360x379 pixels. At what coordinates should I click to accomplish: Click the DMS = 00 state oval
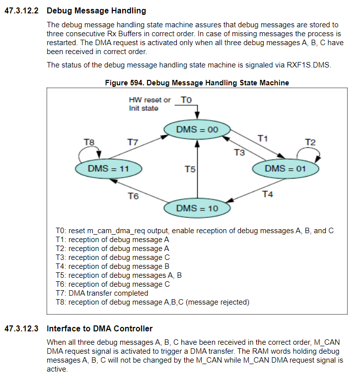[x=197, y=130]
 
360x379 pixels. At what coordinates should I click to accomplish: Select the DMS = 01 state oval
[x=286, y=169]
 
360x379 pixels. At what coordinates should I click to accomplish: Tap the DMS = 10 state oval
[x=197, y=208]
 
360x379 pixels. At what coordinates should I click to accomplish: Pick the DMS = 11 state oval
[x=108, y=169]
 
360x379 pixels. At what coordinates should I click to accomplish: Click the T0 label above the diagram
[x=186, y=100]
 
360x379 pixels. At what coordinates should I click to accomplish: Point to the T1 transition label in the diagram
[x=263, y=138]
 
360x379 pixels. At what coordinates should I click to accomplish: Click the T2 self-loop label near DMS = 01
[x=310, y=142]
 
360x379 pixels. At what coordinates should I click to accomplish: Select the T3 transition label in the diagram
[x=239, y=152]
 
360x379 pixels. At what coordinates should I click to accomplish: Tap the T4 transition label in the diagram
[x=267, y=194]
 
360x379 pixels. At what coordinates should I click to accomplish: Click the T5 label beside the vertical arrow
[x=189, y=170]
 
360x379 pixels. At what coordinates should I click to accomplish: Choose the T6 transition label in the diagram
[x=133, y=196]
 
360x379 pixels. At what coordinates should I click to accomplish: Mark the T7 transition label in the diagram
[x=133, y=142]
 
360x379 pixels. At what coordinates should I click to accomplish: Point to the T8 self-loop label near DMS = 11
[x=89, y=142]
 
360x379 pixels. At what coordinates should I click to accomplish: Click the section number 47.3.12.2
[x=21, y=10]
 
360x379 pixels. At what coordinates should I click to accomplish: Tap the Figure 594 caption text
[x=197, y=82]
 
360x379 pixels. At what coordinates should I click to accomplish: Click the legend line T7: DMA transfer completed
[x=102, y=293]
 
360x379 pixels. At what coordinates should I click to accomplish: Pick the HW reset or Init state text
[x=149, y=104]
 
